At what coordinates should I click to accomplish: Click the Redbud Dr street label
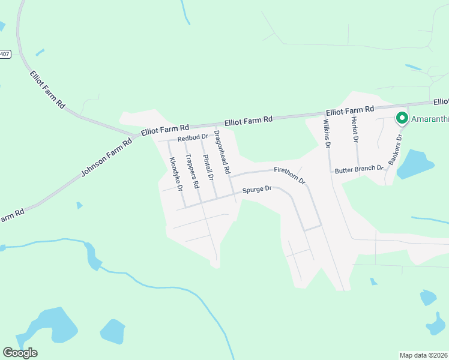[x=192, y=138]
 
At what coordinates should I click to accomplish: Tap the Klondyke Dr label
[x=176, y=173]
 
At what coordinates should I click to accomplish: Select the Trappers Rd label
[x=192, y=172]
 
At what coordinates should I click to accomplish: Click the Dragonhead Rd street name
[x=222, y=152]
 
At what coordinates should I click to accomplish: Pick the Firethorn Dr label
[x=290, y=175]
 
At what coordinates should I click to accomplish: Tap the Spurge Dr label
[x=257, y=190]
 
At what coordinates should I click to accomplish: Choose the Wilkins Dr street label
[x=327, y=133]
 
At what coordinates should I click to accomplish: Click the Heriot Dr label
[x=355, y=130]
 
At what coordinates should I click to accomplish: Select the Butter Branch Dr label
[x=359, y=170]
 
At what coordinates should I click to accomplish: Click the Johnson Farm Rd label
[x=106, y=159]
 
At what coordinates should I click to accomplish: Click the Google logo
[x=20, y=353]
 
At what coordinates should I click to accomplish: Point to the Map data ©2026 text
[x=423, y=355]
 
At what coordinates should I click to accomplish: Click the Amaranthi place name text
[x=430, y=119]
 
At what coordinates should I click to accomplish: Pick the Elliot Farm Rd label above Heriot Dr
[x=350, y=110]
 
